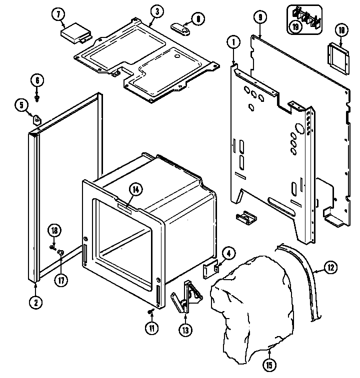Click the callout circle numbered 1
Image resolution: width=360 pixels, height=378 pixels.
pos(233,43)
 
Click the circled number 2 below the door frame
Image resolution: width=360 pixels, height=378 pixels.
pos(35,302)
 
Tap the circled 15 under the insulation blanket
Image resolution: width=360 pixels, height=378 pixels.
pos(269,366)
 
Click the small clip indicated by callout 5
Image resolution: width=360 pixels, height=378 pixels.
pos(37,119)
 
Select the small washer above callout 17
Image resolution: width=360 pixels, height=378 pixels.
pos(61,253)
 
